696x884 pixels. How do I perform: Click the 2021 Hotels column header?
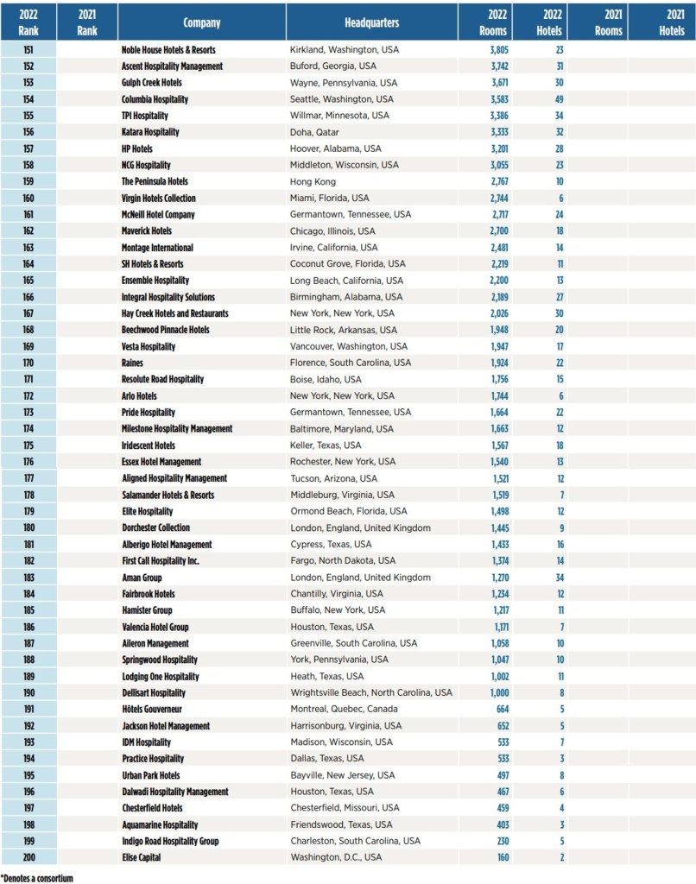[671, 22]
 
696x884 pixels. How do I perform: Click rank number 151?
[28, 50]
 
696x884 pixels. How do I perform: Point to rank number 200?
[28, 857]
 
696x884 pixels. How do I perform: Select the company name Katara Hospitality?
[150, 132]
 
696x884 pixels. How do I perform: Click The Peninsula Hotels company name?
[155, 181]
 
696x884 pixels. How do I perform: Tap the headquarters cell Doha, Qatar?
[314, 132]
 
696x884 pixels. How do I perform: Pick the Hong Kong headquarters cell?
[312, 181]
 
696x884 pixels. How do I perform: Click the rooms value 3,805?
[498, 50]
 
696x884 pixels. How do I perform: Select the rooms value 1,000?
[498, 692]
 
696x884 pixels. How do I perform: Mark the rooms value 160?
[502, 857]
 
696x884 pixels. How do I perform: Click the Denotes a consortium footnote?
[36, 878]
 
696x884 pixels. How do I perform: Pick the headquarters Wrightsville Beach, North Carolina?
[370, 692]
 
